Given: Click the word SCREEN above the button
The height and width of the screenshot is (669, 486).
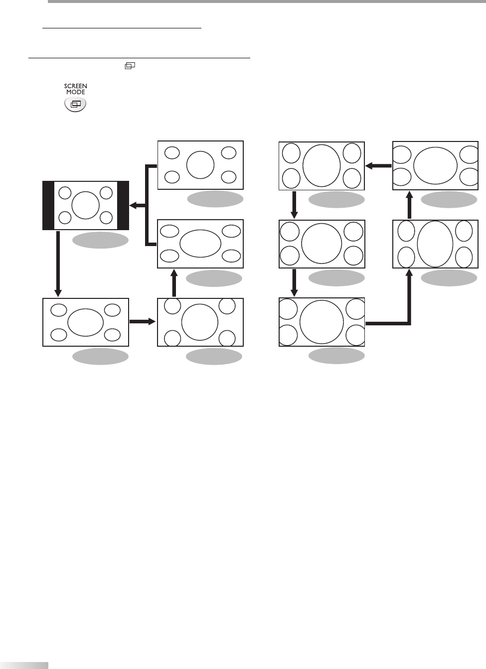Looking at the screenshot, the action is coord(76,86).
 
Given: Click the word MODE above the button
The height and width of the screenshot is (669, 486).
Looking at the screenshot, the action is coord(76,92).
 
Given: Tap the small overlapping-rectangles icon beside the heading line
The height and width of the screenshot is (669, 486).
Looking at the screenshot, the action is coord(130,66).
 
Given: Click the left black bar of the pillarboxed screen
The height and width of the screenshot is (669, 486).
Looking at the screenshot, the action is coord(48,206).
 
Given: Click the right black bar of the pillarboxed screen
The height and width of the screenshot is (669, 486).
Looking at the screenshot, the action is coord(123,206).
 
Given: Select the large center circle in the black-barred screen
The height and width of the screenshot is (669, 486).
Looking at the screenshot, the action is coord(86,205).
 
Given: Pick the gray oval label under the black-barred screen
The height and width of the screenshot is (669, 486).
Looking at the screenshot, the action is coord(100,241).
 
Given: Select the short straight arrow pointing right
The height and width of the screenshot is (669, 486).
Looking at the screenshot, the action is coord(143,322).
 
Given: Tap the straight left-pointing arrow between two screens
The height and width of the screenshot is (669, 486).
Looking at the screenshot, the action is coord(379,166).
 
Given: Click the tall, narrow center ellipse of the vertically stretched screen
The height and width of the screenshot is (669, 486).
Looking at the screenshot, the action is coord(435,244).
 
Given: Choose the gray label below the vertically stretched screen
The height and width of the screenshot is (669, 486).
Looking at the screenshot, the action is coord(449,278).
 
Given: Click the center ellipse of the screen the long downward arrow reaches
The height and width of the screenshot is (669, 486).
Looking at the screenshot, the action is coord(85,322).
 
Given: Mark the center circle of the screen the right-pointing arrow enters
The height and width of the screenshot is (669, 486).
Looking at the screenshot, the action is coord(200,322).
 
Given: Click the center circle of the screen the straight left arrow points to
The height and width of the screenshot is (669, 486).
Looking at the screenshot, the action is coord(322,165).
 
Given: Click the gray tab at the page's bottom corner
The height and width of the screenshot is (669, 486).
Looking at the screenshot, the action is coord(24,665).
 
